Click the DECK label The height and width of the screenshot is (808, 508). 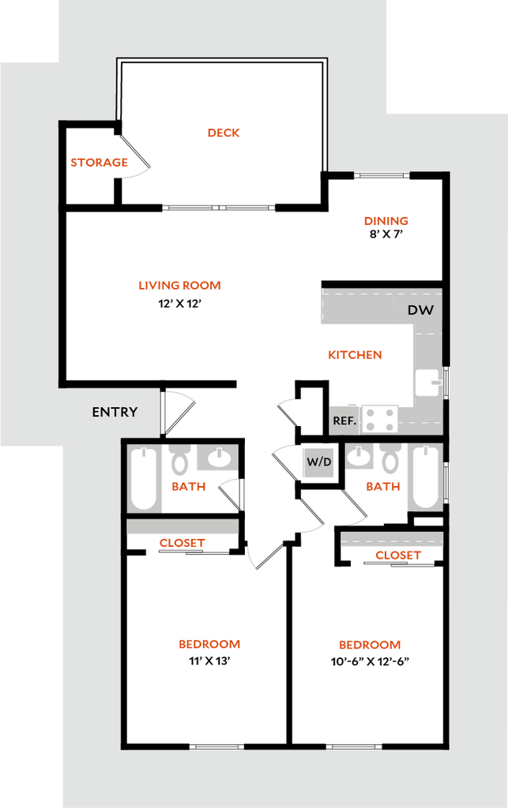[224, 133]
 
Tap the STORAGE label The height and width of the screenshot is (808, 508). [99, 163]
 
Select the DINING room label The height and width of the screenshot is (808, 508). [386, 221]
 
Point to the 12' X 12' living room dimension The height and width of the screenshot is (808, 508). [179, 304]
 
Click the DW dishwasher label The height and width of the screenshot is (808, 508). [421, 310]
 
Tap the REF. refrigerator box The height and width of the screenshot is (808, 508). [344, 421]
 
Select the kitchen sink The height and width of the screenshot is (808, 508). [428, 383]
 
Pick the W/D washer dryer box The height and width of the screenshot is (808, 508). [318, 462]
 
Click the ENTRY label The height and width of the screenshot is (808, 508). [115, 412]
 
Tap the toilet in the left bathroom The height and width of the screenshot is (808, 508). [180, 459]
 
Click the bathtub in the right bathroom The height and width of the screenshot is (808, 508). [426, 477]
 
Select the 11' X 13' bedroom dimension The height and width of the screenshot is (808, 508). [209, 660]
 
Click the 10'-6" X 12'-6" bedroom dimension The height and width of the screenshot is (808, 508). [370, 661]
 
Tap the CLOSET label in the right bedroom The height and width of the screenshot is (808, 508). [398, 555]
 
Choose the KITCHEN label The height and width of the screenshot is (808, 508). [355, 355]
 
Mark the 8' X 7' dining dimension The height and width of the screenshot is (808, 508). [386, 234]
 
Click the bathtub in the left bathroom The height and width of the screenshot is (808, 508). [143, 479]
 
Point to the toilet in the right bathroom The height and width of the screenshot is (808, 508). [390, 458]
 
